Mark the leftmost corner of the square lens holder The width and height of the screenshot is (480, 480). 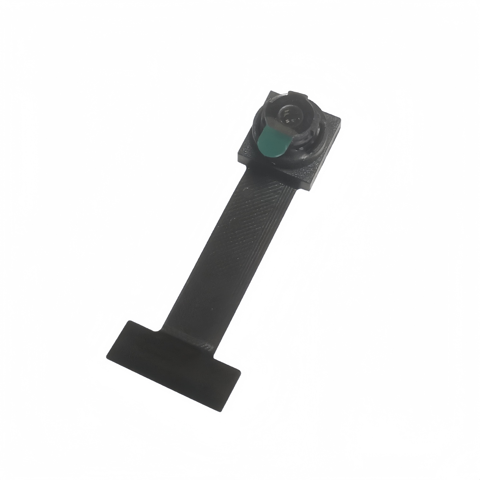[x=238, y=154]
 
